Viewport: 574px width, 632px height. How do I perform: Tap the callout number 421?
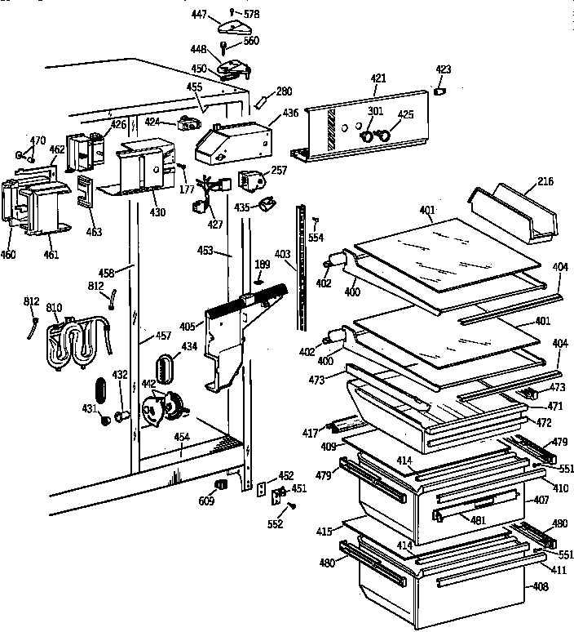coord(378,78)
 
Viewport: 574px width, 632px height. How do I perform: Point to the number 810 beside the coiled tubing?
coord(54,308)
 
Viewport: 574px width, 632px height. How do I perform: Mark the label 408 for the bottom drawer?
coord(541,585)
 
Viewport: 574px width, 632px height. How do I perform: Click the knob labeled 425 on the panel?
coord(384,131)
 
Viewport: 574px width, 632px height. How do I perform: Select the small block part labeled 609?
coord(219,486)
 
